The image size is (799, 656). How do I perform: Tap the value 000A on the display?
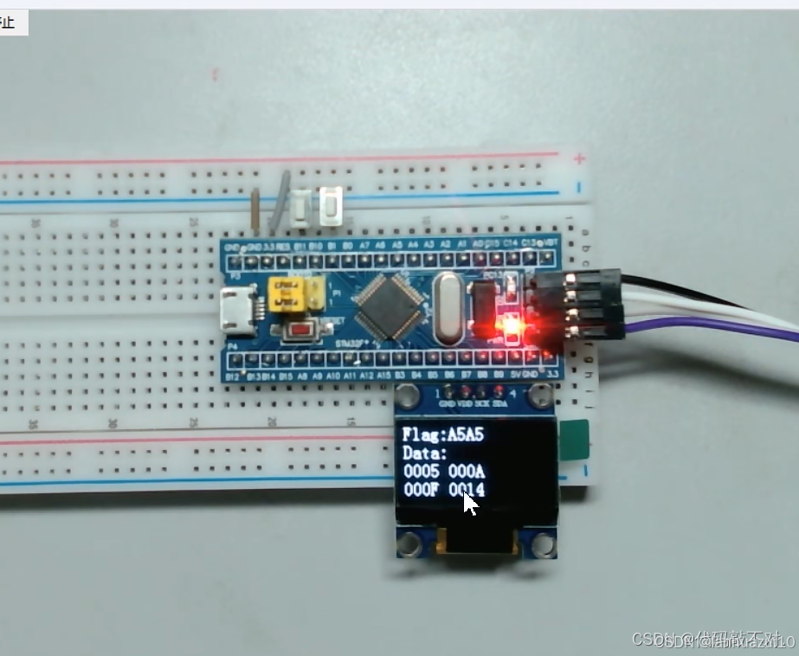point(467,472)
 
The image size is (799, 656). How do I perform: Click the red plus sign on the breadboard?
point(579,158)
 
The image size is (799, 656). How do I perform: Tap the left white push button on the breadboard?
point(300,209)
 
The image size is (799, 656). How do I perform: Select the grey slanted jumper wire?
point(280,203)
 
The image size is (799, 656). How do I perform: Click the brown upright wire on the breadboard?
point(256,211)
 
